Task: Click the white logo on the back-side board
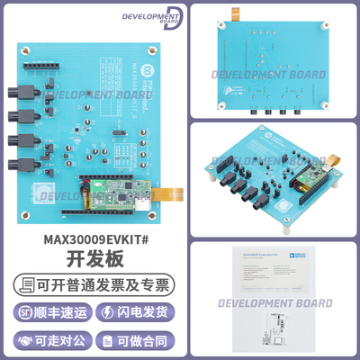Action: click(x=222, y=89)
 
